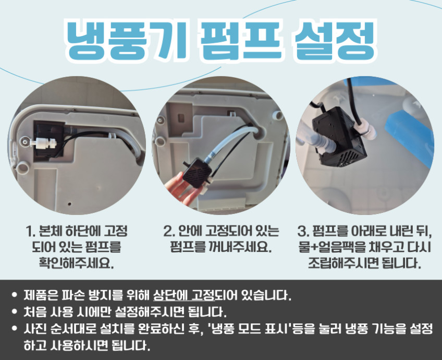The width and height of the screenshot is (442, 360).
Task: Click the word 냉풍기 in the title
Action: (x=127, y=40)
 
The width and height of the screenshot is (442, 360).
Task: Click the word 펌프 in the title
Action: (x=240, y=40)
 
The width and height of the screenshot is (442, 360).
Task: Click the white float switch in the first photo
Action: (x=42, y=141)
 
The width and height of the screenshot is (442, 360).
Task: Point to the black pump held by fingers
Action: (x=197, y=171)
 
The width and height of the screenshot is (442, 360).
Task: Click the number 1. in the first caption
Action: (x=30, y=231)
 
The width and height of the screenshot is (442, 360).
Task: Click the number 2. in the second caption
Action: (x=169, y=231)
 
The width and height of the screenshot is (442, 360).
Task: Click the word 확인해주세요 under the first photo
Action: (x=76, y=263)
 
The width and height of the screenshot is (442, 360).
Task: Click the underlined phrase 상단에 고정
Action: (x=184, y=295)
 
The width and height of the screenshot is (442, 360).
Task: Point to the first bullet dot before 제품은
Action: (x=15, y=295)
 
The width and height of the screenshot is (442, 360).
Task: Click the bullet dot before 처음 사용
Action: (x=15, y=312)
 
